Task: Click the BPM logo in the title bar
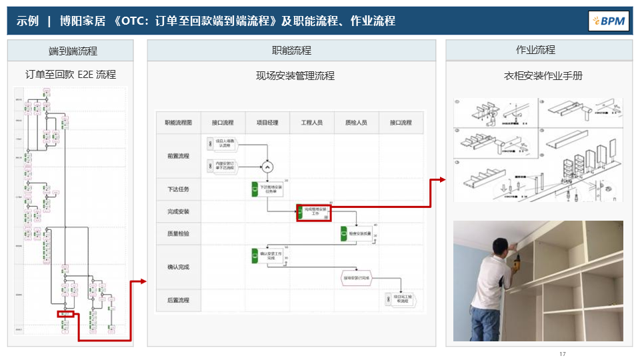[609, 21]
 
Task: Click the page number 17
[563, 353]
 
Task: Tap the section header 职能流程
[291, 51]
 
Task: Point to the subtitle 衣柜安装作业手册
[543, 76]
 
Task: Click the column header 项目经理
[267, 123]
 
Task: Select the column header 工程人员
[312, 123]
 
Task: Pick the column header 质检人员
[356, 123]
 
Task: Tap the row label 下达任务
[178, 189]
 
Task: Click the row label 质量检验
[178, 234]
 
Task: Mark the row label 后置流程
[178, 300]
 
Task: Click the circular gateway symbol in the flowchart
[267, 166]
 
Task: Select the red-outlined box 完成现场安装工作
[314, 212]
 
